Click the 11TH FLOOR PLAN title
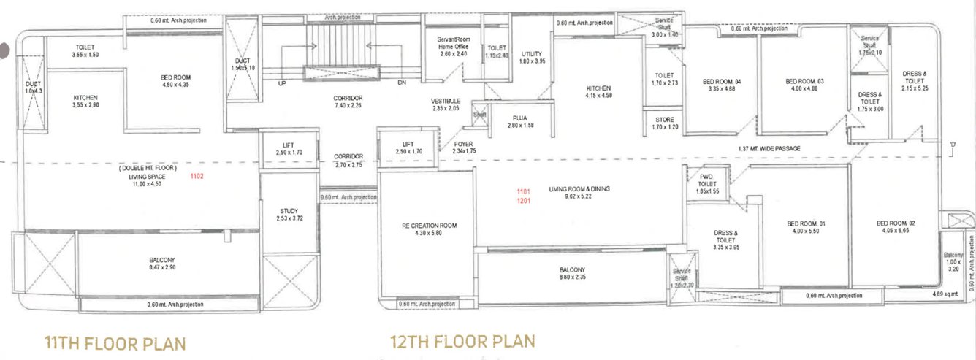pyautogui.click(x=115, y=342)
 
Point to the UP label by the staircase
pyautogui.click(x=281, y=83)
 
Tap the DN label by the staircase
pyautogui.click(x=401, y=83)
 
